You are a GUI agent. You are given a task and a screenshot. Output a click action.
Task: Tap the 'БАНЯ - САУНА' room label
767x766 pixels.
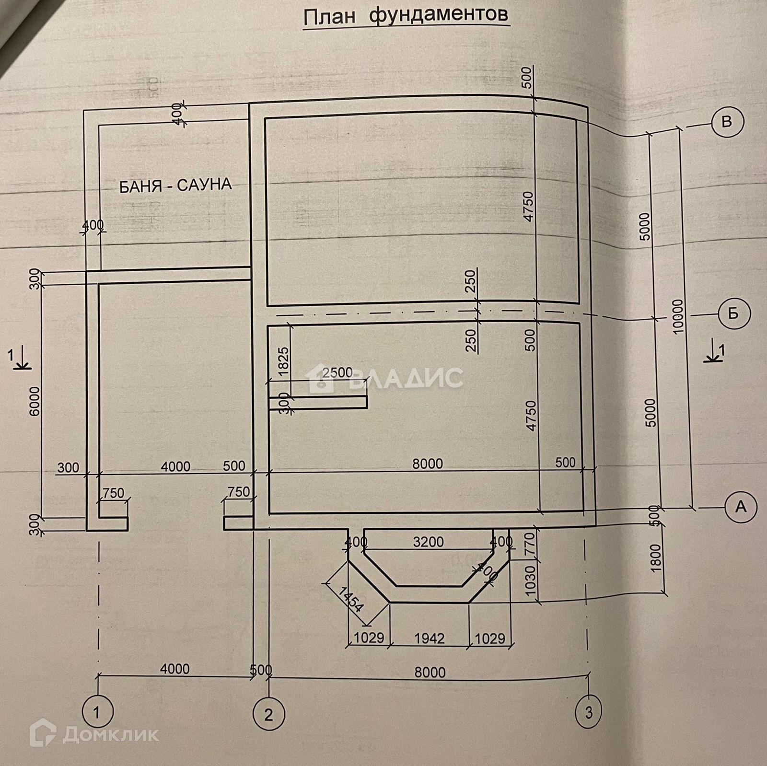175,185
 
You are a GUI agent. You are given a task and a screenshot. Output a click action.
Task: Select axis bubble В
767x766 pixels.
727,121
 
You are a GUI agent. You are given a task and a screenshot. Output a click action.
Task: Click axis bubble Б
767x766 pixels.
733,314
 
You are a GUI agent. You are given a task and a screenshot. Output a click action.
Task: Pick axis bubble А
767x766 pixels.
741,506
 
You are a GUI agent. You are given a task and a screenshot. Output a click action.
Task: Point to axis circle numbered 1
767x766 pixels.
97,713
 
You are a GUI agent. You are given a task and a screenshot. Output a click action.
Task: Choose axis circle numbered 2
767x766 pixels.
268,715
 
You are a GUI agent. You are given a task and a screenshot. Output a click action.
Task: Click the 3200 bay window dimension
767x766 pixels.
429,542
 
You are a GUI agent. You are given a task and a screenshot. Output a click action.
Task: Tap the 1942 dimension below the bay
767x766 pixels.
430,638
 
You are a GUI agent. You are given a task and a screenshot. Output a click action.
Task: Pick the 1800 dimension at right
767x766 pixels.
656,558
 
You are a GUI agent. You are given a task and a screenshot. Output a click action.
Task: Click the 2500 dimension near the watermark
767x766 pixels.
337,372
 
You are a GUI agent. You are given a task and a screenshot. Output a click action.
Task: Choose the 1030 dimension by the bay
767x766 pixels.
529,580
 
